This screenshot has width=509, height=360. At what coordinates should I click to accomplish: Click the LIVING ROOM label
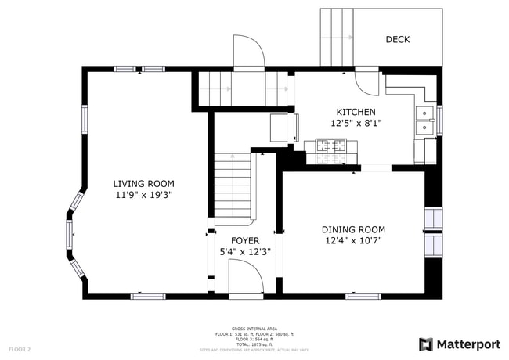(143, 183)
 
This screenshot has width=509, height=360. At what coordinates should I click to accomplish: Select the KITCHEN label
(356, 112)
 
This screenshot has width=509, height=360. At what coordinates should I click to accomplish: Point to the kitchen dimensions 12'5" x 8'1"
(356, 124)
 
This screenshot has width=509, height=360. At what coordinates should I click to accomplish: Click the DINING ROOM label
(353, 229)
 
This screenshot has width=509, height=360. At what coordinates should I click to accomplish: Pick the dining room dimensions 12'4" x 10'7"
(353, 241)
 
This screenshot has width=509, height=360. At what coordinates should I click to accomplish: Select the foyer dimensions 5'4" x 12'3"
(244, 252)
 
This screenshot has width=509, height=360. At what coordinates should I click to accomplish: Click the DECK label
(397, 39)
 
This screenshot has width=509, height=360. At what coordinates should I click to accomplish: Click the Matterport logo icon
(426, 344)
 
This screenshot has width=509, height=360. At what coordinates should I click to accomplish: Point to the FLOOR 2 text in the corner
(20, 348)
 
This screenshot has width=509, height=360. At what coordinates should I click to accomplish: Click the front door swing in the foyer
(245, 278)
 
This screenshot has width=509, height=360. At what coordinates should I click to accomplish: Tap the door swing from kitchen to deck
(366, 81)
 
